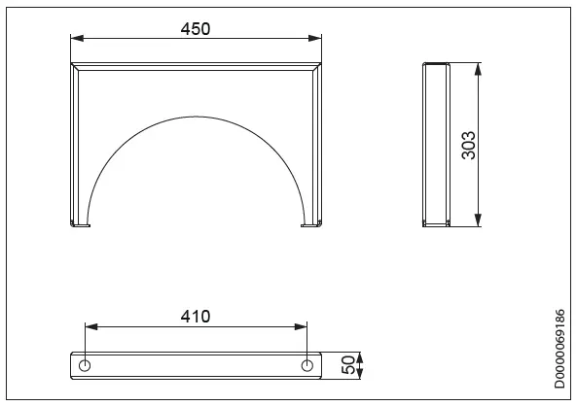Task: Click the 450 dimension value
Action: [x=196, y=29]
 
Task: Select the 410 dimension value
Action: [x=196, y=316]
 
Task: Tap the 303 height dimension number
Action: [x=467, y=145]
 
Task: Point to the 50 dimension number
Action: [x=348, y=367]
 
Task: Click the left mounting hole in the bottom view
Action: [x=86, y=366]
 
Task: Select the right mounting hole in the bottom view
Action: [x=307, y=366]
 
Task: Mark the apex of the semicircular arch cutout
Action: [x=197, y=117]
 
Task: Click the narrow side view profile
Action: [x=435, y=145]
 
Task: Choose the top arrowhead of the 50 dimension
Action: [x=362, y=355]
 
